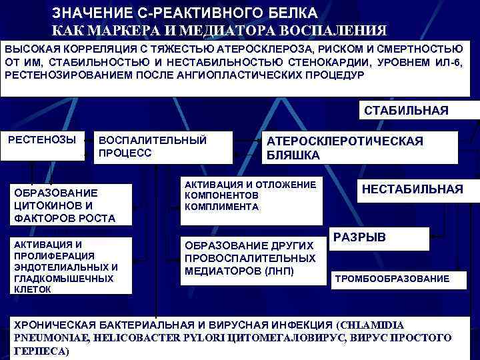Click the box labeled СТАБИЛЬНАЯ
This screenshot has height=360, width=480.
(x=405, y=111)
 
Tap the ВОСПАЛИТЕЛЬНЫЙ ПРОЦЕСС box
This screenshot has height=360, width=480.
(x=163, y=147)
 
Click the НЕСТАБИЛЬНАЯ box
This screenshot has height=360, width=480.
(x=412, y=190)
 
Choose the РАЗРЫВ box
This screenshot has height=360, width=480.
(x=360, y=237)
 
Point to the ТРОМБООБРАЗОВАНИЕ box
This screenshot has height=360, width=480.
(x=391, y=279)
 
